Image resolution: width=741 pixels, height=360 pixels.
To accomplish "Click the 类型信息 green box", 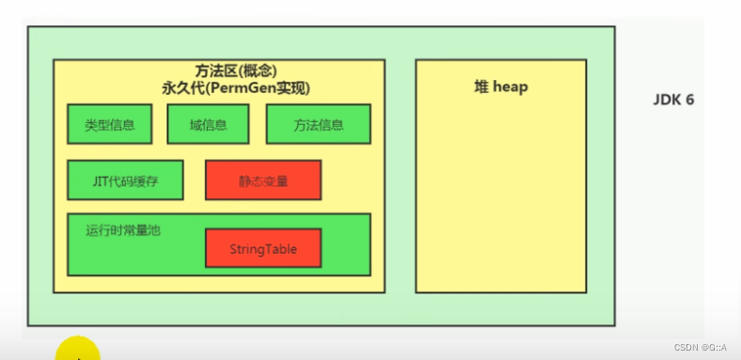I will click(x=109, y=124).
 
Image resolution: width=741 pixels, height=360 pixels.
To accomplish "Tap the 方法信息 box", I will click(x=318, y=124).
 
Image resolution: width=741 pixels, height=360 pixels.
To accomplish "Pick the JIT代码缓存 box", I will click(x=125, y=180).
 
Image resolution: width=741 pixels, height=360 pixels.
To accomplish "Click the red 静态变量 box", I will click(x=263, y=180).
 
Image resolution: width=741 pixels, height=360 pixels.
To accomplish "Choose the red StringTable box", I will click(x=263, y=249).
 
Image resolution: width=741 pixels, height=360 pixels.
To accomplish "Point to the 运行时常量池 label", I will click(x=123, y=229).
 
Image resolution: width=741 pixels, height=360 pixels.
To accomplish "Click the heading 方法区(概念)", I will click(x=219, y=71).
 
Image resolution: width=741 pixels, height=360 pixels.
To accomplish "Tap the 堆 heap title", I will click(x=500, y=86).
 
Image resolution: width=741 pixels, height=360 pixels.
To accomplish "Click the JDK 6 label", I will click(x=673, y=99).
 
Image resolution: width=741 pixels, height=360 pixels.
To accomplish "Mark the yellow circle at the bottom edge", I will click(x=78, y=351).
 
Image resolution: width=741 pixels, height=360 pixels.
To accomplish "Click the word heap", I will click(x=511, y=86).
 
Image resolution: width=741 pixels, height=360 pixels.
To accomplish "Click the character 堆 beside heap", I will click(x=480, y=86).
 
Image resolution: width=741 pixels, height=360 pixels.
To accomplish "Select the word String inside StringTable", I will click(x=247, y=249).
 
